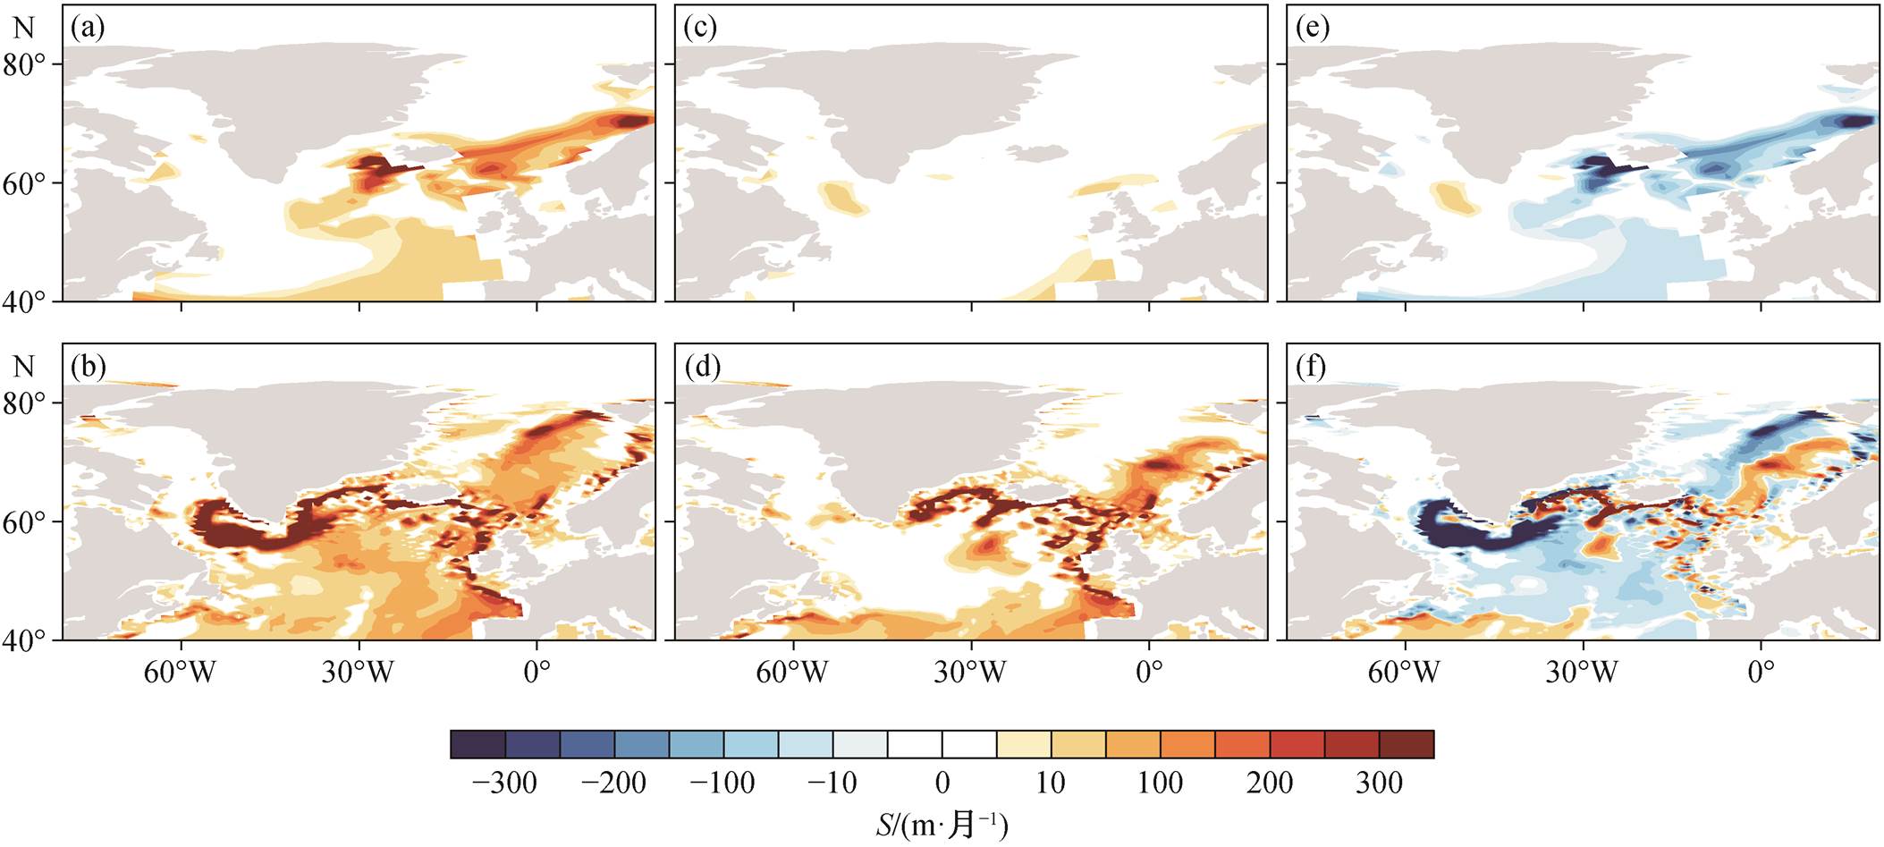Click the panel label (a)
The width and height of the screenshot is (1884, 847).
click(88, 29)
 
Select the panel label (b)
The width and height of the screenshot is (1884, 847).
click(88, 367)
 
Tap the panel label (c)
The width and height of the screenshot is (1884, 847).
click(699, 29)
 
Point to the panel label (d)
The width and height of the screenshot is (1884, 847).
click(700, 367)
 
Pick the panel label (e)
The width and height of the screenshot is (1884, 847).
click(1312, 29)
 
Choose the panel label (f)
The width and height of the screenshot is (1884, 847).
click(1311, 367)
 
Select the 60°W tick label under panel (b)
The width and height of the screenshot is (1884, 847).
click(181, 672)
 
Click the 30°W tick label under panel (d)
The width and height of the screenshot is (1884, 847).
click(970, 672)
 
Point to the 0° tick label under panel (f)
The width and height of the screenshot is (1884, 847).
click(1761, 672)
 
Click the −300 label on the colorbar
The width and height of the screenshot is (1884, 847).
click(504, 783)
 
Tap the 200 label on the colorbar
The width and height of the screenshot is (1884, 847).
click(1270, 783)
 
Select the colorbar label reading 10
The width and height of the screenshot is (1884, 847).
click(1051, 783)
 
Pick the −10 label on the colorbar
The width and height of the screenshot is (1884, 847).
click(832, 783)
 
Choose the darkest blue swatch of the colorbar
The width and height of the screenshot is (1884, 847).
click(478, 744)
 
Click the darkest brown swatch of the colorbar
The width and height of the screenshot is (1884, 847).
click(1407, 744)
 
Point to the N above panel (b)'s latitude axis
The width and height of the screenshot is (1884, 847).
click(24, 367)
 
